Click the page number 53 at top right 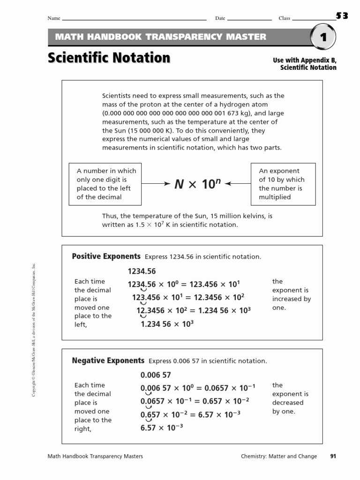tap(342, 16)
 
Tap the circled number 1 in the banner tap(323, 38)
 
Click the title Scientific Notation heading tap(109, 58)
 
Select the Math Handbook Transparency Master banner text tap(161, 37)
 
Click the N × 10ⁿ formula tap(197, 184)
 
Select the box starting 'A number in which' tap(105, 184)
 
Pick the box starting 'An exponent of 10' tap(283, 184)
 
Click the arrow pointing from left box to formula tap(156, 184)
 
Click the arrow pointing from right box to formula tap(238, 184)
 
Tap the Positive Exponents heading tap(106, 256)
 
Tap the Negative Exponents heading tap(108, 360)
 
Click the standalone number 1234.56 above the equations tap(142, 271)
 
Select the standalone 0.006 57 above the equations tap(156, 375)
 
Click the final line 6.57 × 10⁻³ tap(162, 427)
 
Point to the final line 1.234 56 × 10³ tap(167, 324)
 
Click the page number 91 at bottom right tap(333, 456)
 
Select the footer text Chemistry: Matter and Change tap(279, 456)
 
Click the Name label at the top tap(54, 18)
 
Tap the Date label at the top tap(220, 18)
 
